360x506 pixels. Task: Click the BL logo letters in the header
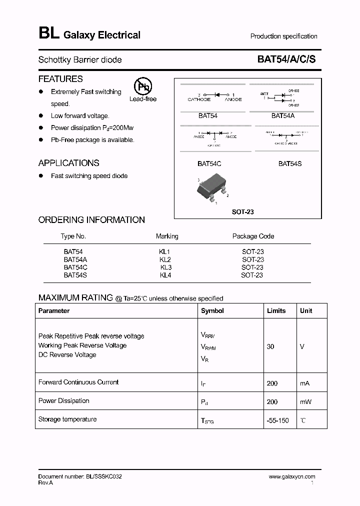[49, 33]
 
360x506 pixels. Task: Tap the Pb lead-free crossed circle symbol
[143, 86]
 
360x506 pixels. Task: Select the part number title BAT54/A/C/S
[286, 59]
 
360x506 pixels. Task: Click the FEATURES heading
[60, 79]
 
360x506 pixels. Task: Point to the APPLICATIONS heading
[68, 163]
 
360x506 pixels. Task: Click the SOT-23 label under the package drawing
[243, 212]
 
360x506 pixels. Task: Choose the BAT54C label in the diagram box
[209, 163]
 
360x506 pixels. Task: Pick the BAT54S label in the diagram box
[290, 163]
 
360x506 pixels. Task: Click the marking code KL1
[165, 252]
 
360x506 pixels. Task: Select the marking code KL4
[165, 275]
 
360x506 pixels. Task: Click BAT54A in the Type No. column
[75, 259]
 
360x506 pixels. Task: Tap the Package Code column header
[253, 236]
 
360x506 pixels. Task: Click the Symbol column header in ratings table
[212, 310]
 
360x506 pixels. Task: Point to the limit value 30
[270, 346]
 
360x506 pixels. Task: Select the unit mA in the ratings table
[305, 383]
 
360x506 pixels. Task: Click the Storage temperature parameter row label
[67, 419]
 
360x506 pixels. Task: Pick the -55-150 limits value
[278, 420]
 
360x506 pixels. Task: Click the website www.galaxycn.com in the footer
[292, 476]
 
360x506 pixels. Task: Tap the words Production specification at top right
[283, 36]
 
